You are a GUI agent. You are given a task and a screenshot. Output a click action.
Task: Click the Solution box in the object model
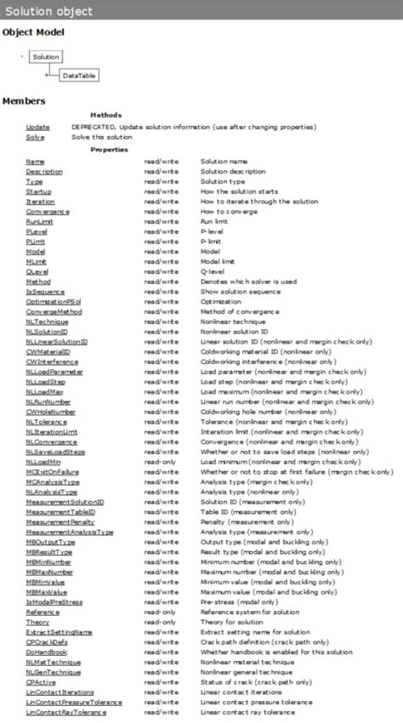point(46,57)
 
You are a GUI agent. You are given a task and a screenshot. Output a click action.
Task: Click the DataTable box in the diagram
point(79,76)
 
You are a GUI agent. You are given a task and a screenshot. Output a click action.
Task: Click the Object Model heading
point(33,32)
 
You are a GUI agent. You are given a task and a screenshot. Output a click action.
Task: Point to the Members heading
point(24,100)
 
